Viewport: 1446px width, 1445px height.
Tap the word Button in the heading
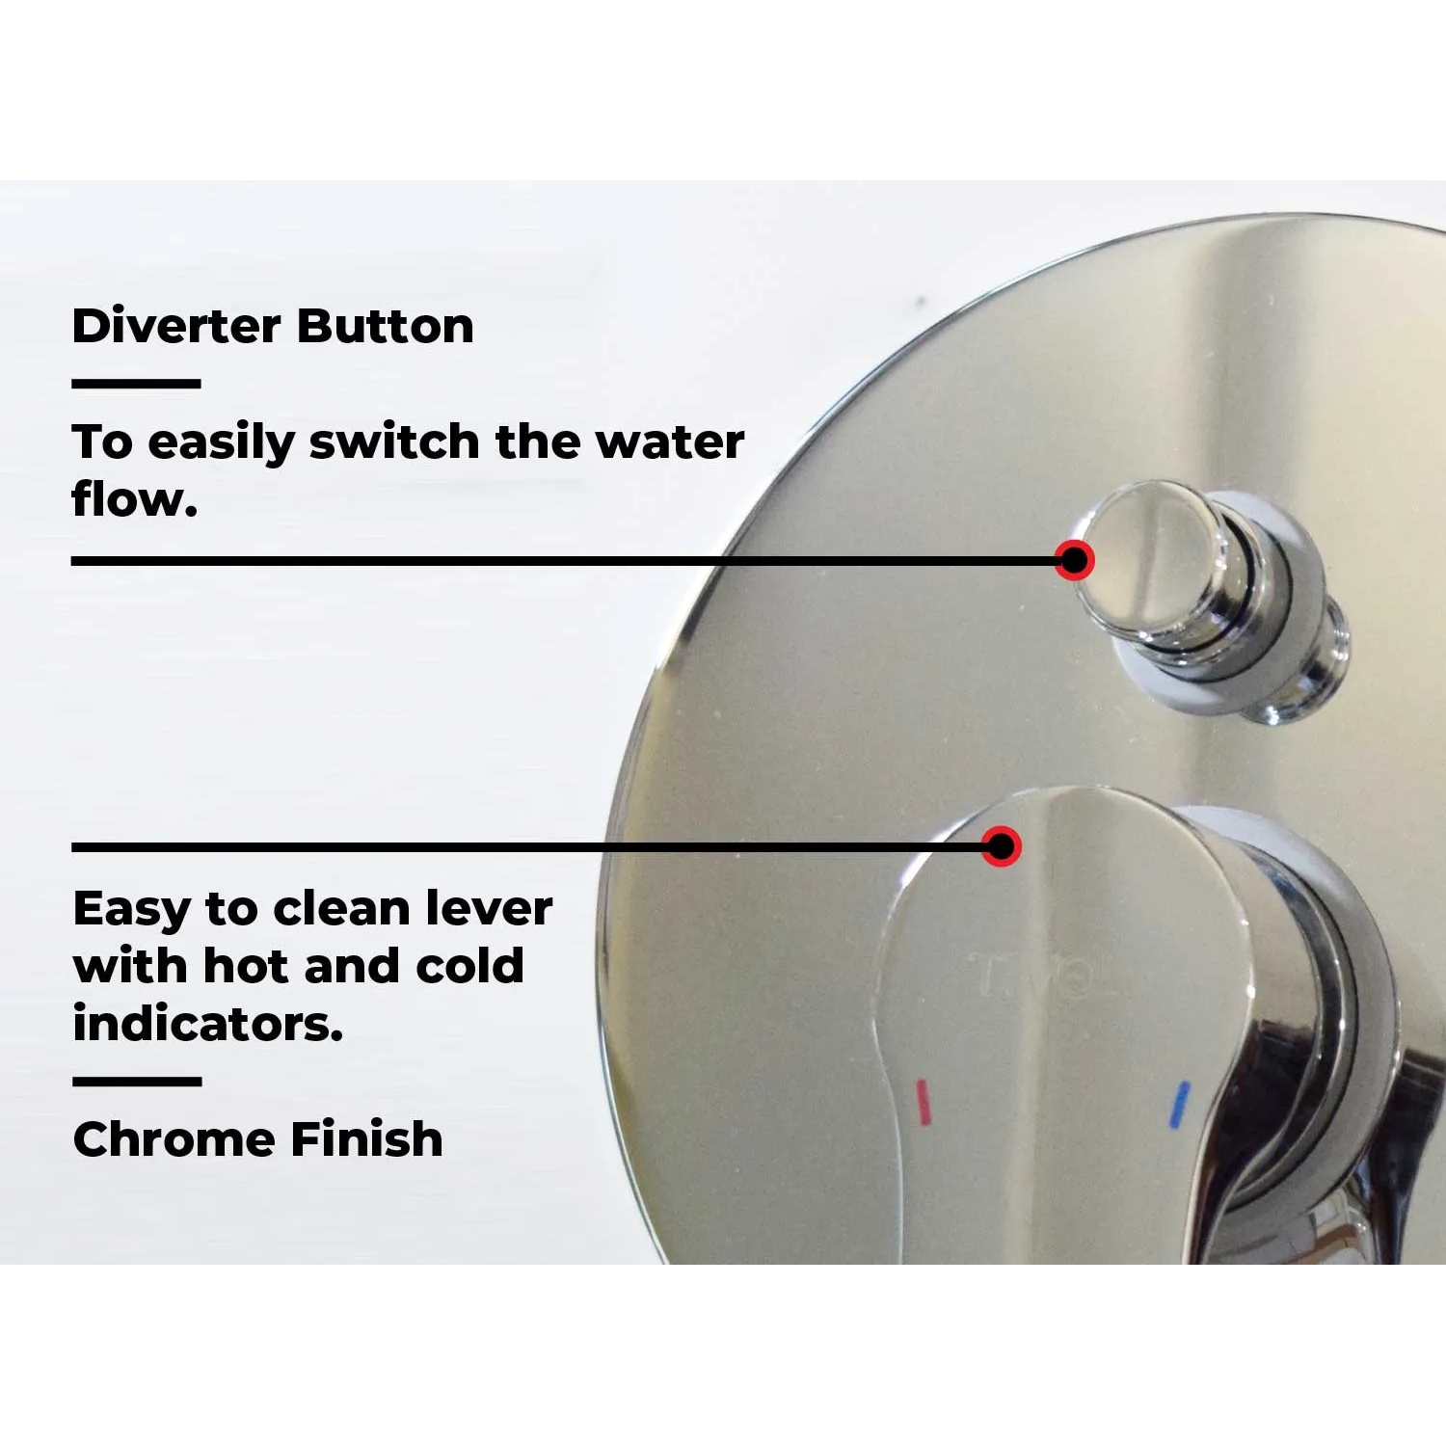coord(386,326)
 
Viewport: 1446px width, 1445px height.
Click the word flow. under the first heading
coord(134,498)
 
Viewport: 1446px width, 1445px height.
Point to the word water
coord(670,442)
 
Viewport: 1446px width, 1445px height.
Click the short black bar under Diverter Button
coord(136,384)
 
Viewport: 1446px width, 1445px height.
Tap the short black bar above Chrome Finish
coord(137,1082)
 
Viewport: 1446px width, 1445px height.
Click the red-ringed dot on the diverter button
coord(1074,559)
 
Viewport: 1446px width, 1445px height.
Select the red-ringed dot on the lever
coord(1002,846)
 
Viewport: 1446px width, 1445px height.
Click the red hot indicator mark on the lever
coord(923,1102)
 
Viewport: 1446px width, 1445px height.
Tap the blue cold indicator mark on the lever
coord(1179,1104)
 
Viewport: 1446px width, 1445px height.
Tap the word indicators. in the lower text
coord(208,1024)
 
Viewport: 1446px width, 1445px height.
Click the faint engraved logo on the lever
coord(1041,976)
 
